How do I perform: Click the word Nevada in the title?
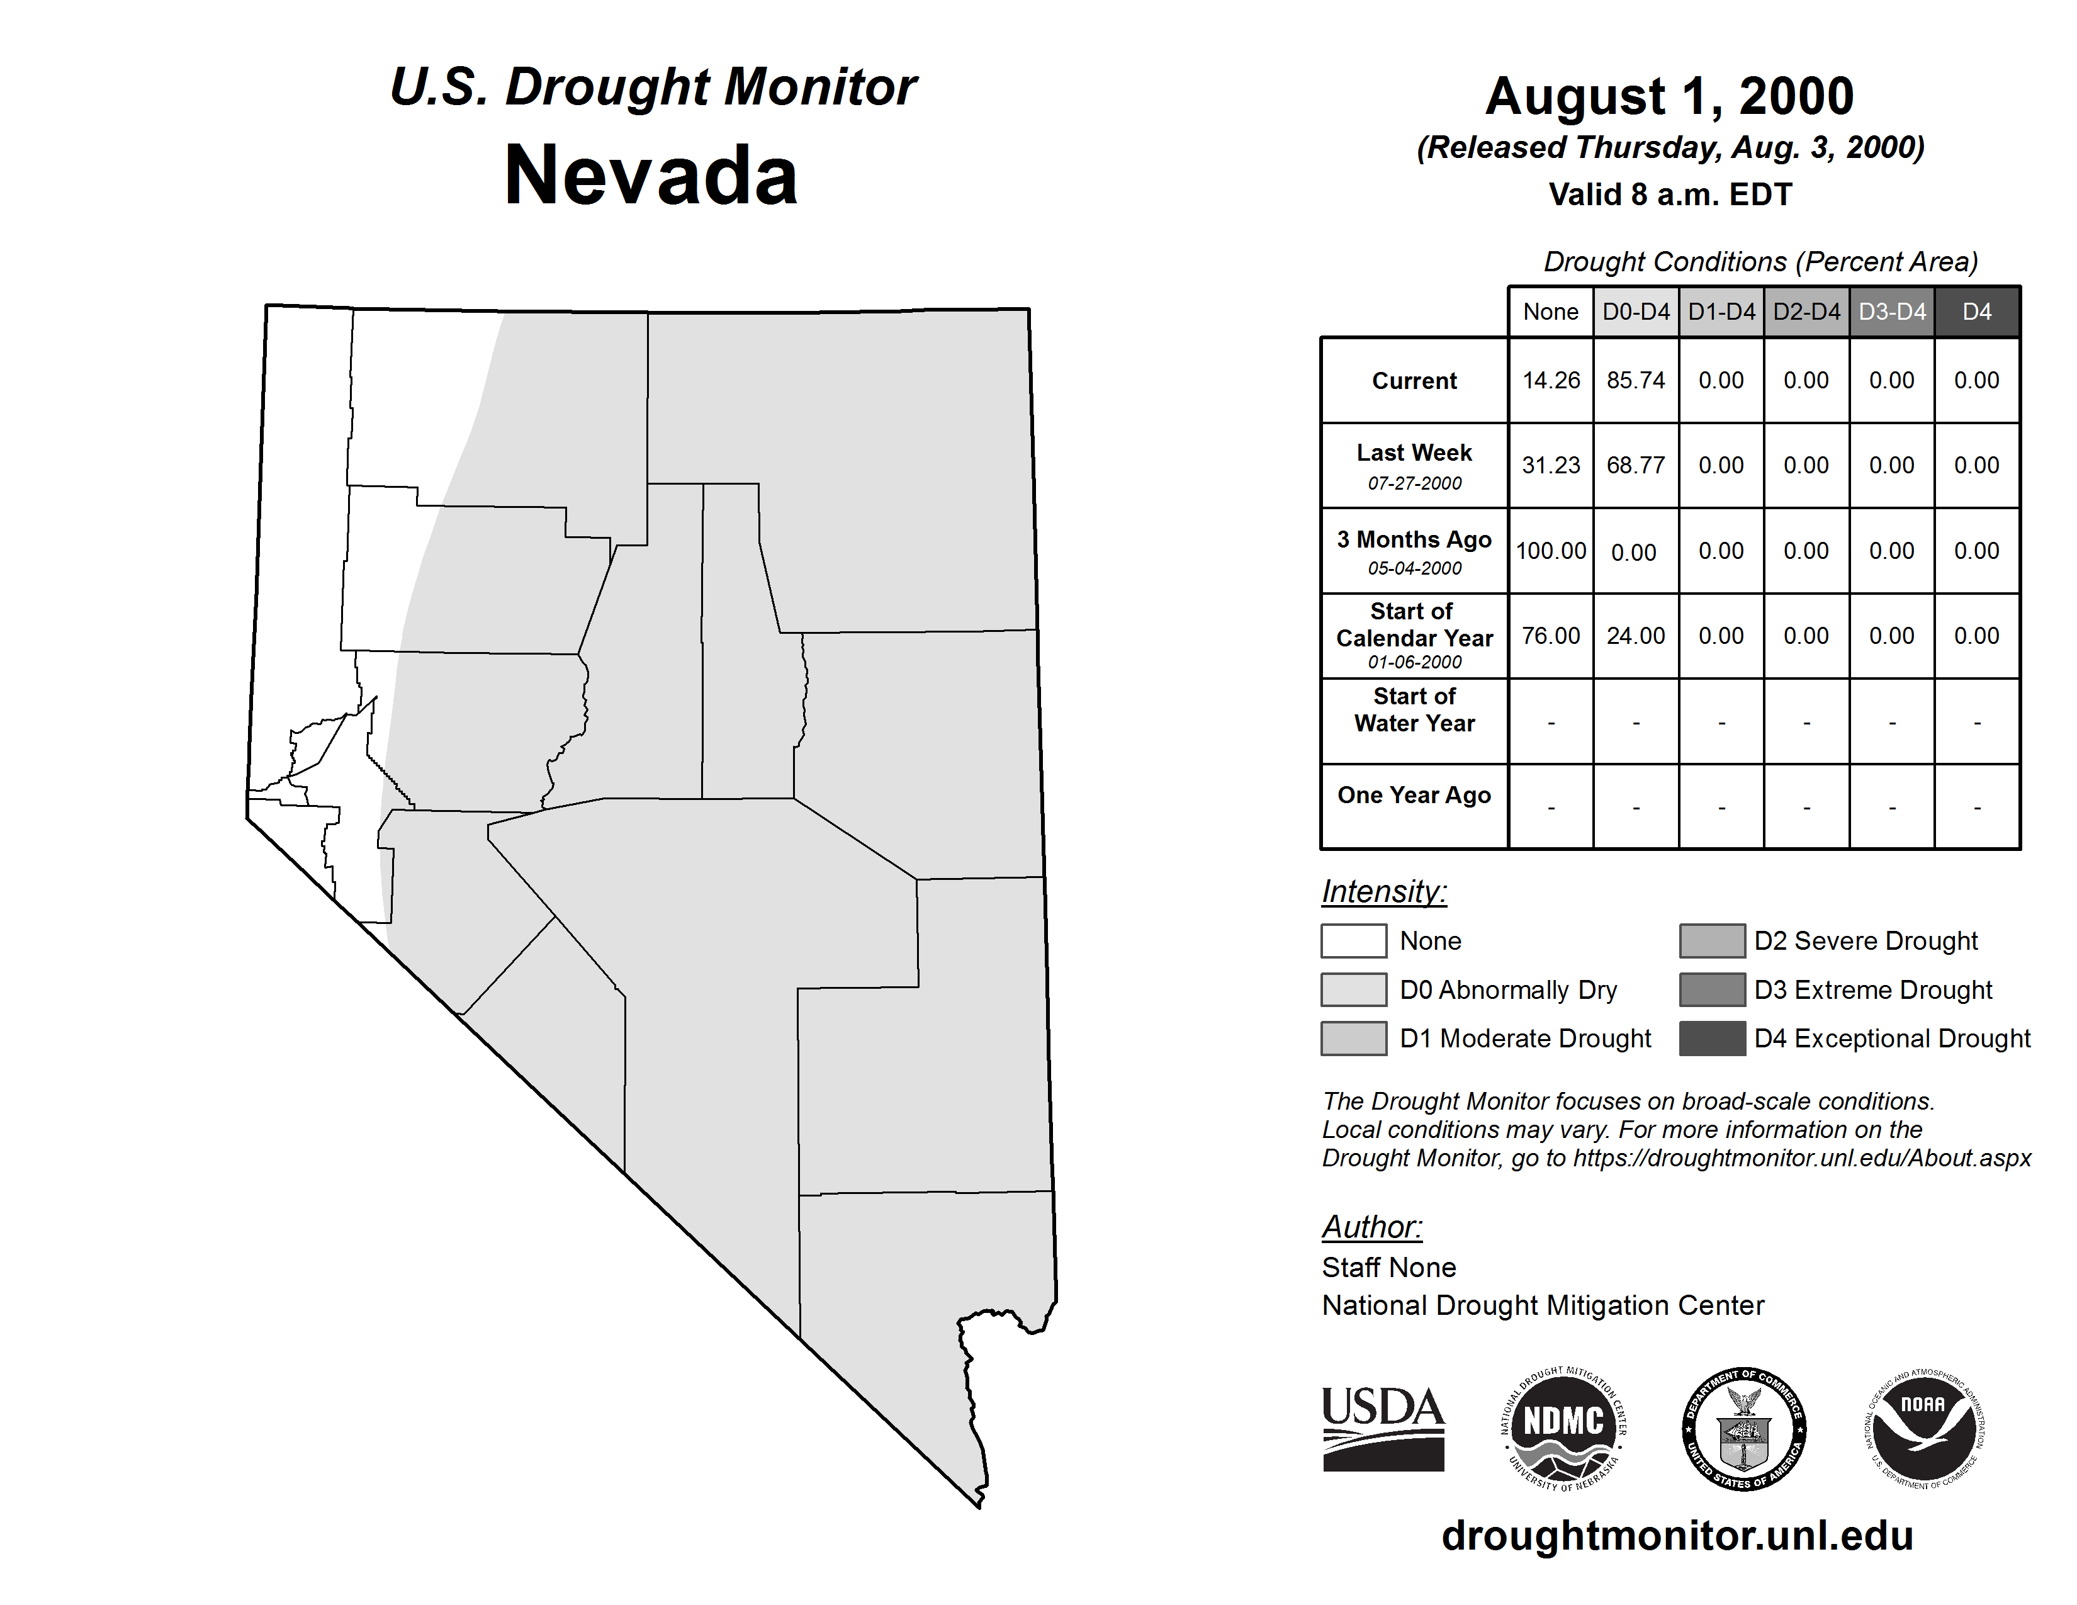point(651,175)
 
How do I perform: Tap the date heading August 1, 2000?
point(1669,96)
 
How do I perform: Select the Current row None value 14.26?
point(1550,380)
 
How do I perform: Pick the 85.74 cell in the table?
point(1636,380)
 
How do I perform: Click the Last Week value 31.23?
point(1550,465)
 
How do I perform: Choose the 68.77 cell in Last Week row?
point(1636,465)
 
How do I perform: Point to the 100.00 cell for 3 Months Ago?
point(1550,551)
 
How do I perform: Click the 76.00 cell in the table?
point(1550,635)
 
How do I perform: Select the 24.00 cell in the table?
point(1636,635)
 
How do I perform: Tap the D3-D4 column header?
point(1891,312)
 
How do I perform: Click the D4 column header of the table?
point(1976,312)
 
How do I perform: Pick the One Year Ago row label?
point(1414,795)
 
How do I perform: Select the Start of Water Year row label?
point(1414,709)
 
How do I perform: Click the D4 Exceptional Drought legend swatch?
point(1712,1039)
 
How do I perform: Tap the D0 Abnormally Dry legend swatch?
point(1353,989)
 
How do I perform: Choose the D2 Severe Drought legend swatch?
point(1712,940)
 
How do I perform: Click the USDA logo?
point(1383,1428)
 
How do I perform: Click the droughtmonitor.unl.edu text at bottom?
point(1677,1536)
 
